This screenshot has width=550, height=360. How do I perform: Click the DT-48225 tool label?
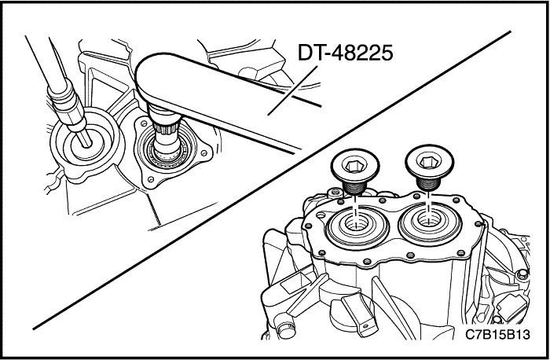click(345, 53)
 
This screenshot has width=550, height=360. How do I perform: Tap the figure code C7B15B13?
click(497, 334)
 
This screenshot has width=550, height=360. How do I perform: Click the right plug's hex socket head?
click(429, 162)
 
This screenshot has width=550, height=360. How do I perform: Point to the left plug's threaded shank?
click(354, 187)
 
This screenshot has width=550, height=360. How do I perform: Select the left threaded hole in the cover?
click(357, 222)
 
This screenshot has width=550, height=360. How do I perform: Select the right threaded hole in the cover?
click(429, 219)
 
